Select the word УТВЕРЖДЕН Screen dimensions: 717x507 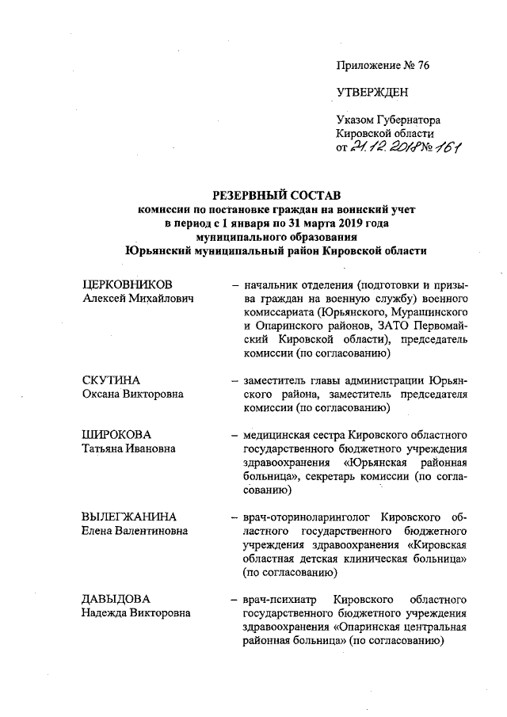click(372, 93)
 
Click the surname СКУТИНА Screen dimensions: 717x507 click(111, 380)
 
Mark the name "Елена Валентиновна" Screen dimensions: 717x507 click(139, 530)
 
